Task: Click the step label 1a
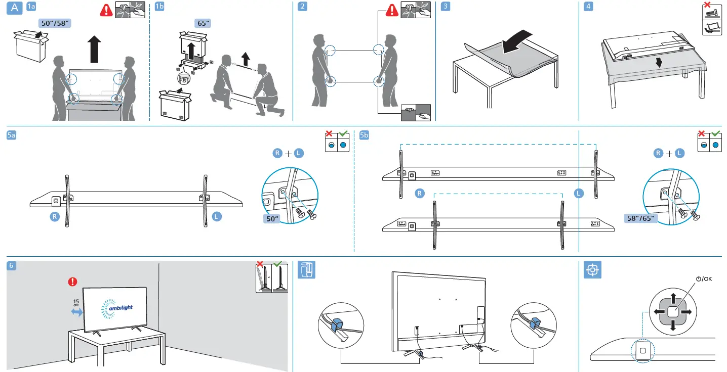click(x=31, y=7)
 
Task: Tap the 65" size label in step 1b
click(x=204, y=23)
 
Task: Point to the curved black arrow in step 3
click(x=516, y=41)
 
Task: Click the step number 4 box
click(x=588, y=7)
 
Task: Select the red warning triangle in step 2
click(x=392, y=10)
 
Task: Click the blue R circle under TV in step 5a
click(x=55, y=216)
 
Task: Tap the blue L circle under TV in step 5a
click(x=217, y=216)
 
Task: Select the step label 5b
click(x=364, y=135)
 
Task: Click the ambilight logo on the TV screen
click(x=115, y=307)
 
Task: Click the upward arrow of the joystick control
click(x=673, y=297)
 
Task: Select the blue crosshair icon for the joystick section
click(x=592, y=270)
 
